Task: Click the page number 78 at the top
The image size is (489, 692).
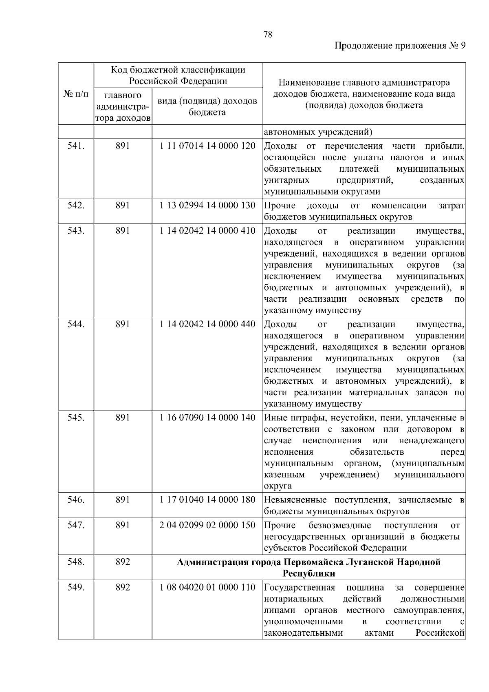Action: pyautogui.click(x=268, y=35)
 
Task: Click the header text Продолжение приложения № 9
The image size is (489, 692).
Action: pyautogui.click(x=400, y=46)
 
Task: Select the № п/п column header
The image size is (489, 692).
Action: pyautogui.click(x=76, y=94)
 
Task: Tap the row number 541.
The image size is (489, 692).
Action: pyautogui.click(x=76, y=146)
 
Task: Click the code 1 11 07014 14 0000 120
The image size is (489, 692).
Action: pyautogui.click(x=207, y=146)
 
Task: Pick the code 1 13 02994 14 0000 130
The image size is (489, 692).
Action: pyautogui.click(x=207, y=205)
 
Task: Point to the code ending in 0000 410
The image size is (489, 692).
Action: pyautogui.click(x=207, y=231)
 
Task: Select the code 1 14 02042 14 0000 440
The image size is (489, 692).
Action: pyautogui.click(x=207, y=324)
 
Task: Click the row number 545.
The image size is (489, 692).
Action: pyautogui.click(x=76, y=418)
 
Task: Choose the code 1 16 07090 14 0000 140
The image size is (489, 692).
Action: pyautogui.click(x=207, y=418)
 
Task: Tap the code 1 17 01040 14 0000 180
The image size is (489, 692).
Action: pyautogui.click(x=207, y=500)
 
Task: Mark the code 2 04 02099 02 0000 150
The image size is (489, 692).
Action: pyautogui.click(x=207, y=525)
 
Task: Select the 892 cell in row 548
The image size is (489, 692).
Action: pyautogui.click(x=123, y=562)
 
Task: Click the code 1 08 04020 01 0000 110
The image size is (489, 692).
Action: pyautogui.click(x=207, y=588)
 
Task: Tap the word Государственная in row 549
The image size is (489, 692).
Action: pyautogui.click(x=300, y=588)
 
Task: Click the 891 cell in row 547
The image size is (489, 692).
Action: pyautogui.click(x=123, y=525)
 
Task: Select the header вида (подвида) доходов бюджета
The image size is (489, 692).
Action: pyautogui.click(x=207, y=106)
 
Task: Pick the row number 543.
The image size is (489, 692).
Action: pyautogui.click(x=76, y=231)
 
